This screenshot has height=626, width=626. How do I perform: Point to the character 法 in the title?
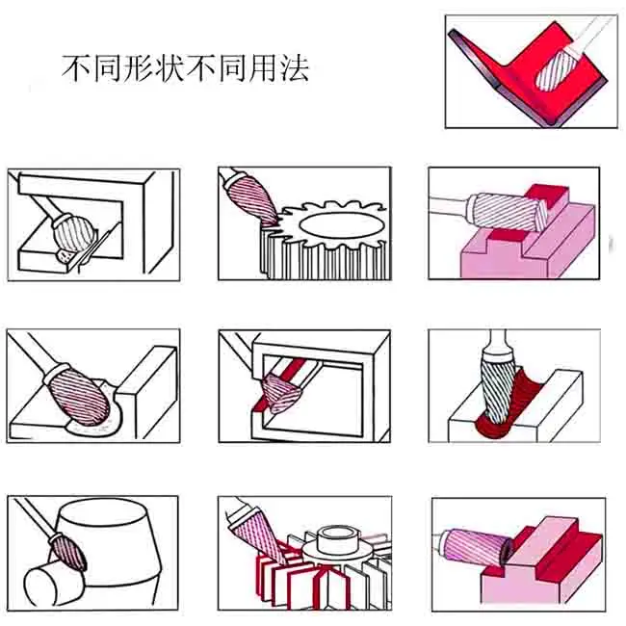coord(295,68)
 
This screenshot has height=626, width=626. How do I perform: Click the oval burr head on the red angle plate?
coord(555,70)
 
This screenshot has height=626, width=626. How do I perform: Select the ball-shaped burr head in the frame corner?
coord(75,234)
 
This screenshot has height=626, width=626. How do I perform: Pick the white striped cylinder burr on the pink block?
coord(507,212)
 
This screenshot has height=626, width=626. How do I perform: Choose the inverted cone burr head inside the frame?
coord(280,393)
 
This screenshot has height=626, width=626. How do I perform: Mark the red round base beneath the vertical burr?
coord(493,428)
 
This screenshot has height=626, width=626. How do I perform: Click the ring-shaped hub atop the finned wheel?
coord(336,539)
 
